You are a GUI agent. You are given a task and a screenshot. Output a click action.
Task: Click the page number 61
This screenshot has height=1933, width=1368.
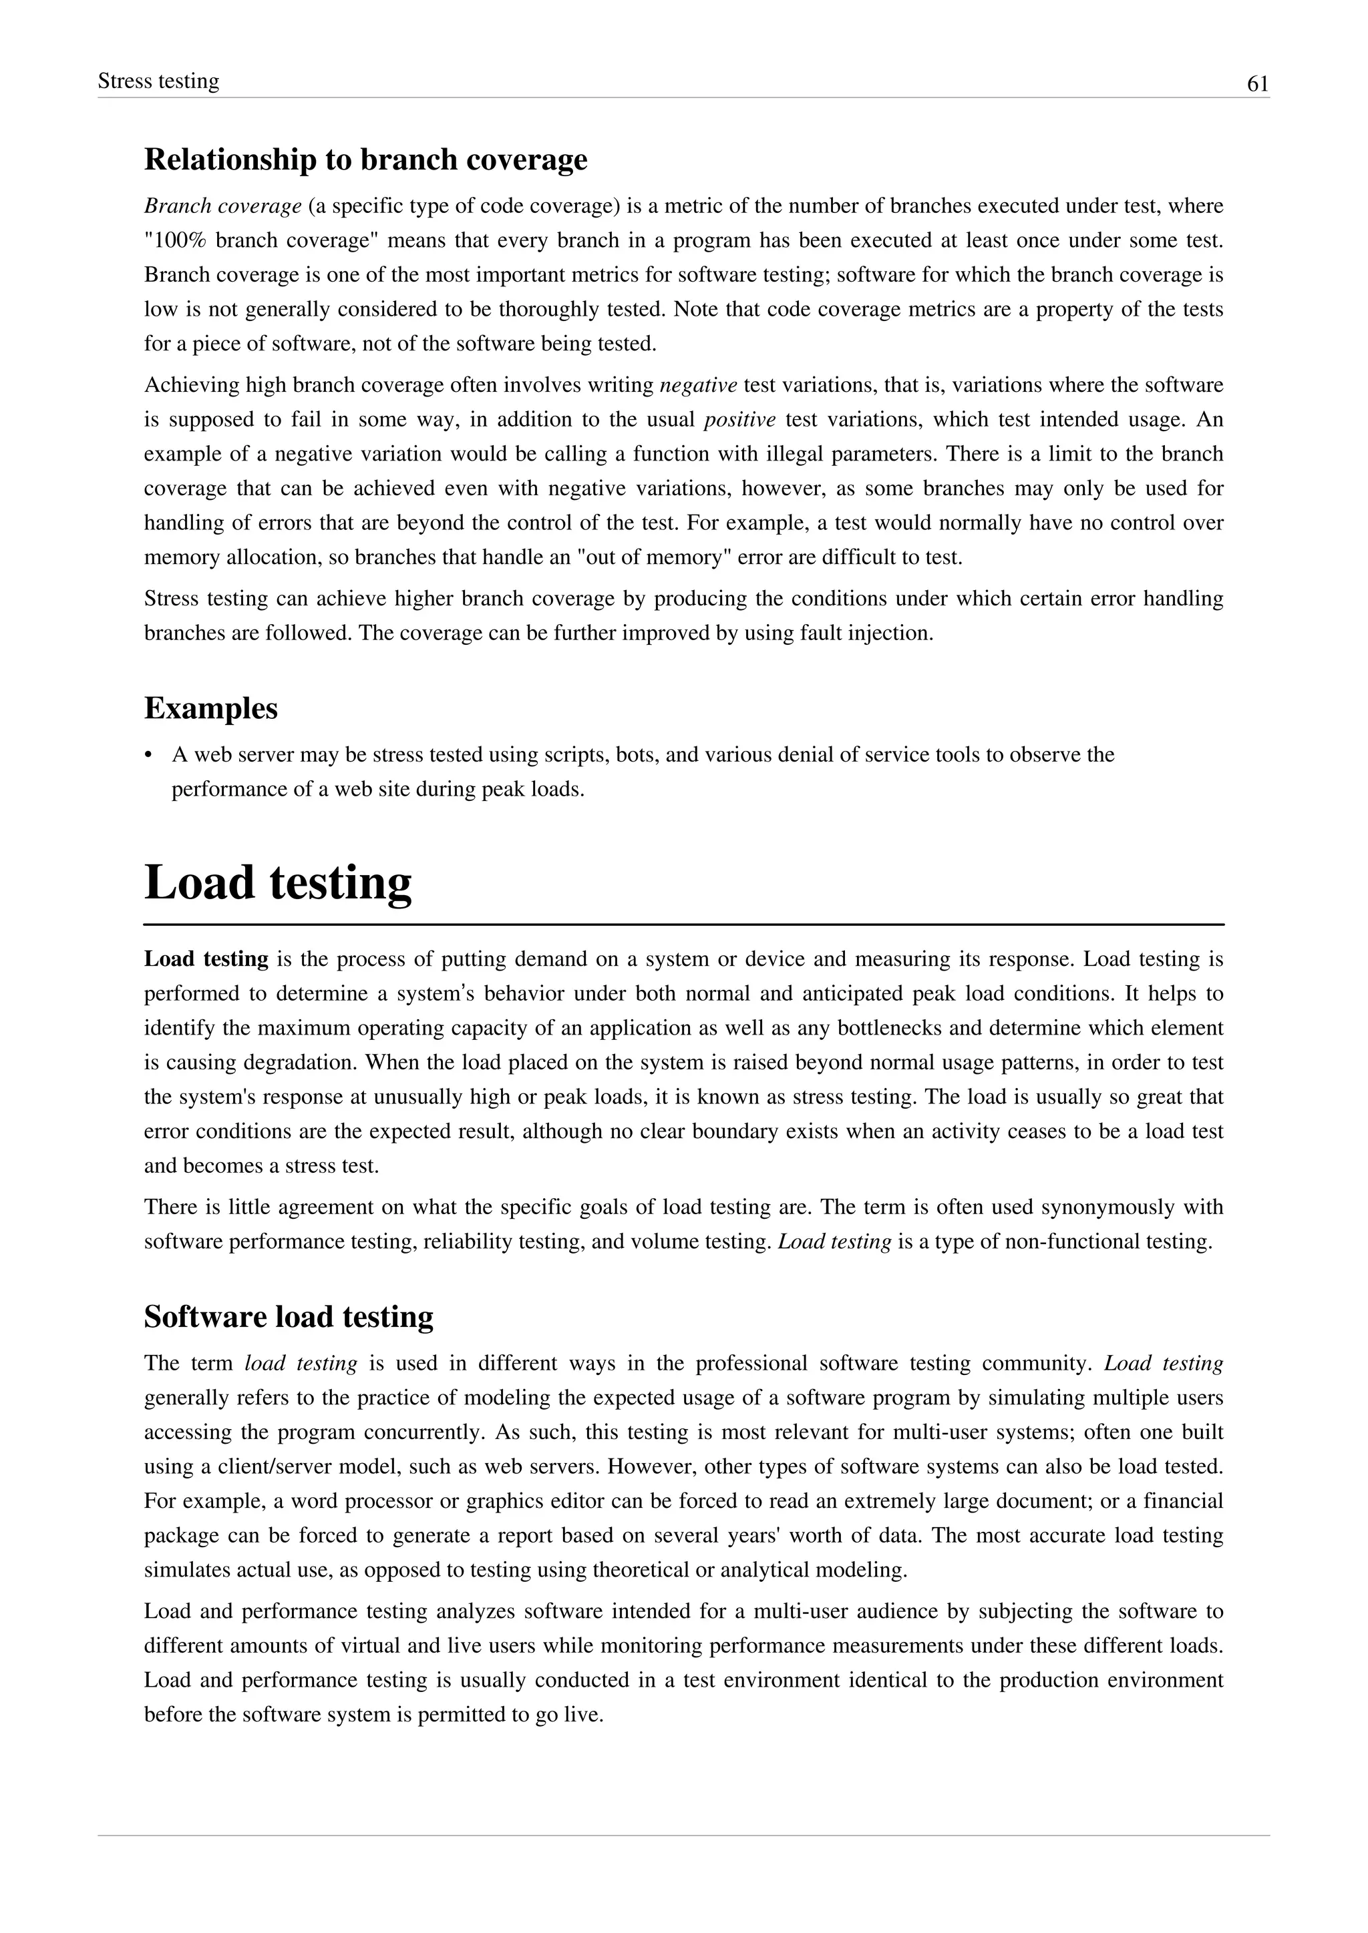tap(1257, 84)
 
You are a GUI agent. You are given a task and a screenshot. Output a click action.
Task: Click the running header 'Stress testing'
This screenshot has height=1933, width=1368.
tap(158, 81)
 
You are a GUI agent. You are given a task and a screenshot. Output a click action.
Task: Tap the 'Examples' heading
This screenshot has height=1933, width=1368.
tap(210, 708)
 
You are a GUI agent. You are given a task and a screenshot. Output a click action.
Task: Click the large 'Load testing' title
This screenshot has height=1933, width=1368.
tap(278, 882)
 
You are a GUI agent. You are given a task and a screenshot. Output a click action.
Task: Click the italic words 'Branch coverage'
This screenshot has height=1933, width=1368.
tap(222, 206)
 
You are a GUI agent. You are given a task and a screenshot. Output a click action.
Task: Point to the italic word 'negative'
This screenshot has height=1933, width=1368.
tap(698, 386)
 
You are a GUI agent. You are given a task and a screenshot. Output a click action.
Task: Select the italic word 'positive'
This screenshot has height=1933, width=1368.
tap(739, 420)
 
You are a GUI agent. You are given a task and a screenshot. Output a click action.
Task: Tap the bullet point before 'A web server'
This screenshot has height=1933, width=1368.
tap(149, 755)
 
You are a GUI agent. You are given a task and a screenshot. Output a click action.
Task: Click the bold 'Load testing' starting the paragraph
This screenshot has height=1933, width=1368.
tap(206, 959)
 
